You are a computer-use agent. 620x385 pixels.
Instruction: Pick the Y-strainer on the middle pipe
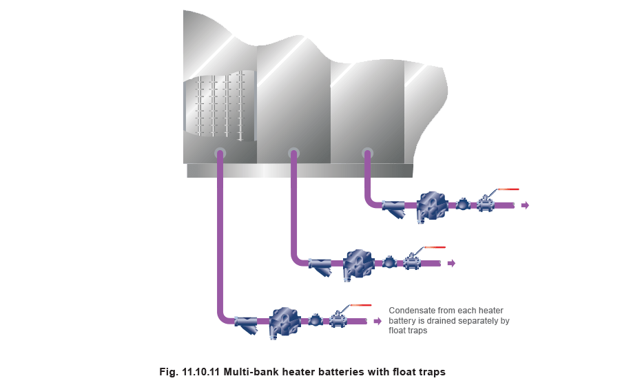320,264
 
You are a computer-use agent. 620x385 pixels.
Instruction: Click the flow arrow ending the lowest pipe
378,321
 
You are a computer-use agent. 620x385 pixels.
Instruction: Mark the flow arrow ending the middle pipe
452,263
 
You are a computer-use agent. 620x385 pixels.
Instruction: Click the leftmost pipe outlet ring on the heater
220,152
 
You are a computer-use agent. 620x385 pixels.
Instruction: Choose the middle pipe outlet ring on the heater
293,152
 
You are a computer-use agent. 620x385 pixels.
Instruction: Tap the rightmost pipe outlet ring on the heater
367,152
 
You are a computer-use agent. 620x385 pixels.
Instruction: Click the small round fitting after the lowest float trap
315,320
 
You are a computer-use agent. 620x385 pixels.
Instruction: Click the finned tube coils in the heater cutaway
220,107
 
